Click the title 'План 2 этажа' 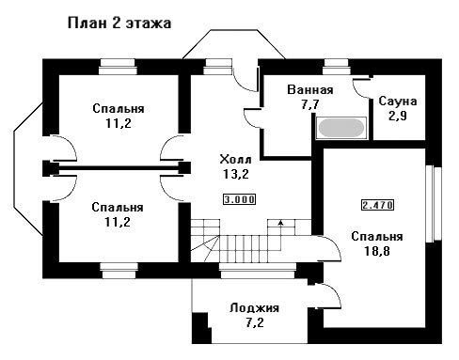(119, 23)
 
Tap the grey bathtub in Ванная (341, 128)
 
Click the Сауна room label (398, 102)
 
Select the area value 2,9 (398, 116)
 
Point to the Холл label (235, 159)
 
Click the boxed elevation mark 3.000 (239, 199)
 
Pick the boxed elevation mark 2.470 (377, 205)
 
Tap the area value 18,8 (377, 251)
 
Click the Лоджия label (254, 308)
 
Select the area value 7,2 (255, 322)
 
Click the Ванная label (310, 90)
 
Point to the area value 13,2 (236, 174)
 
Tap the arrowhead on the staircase (280, 222)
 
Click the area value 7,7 (310, 104)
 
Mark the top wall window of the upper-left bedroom (118, 67)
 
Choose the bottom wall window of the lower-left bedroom (119, 271)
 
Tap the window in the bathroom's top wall (337, 67)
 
